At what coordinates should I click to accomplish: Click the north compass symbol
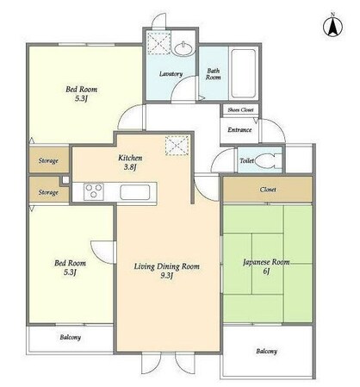[x=332, y=27]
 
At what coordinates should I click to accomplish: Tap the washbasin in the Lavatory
[x=183, y=48]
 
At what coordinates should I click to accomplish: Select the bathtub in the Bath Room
[x=244, y=73]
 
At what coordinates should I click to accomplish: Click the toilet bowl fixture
[x=266, y=161]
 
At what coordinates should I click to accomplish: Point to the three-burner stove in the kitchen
[x=94, y=191]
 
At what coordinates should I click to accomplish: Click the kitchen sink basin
[x=135, y=192]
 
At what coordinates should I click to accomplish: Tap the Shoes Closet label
[x=240, y=109]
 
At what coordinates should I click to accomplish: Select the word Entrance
[x=239, y=130]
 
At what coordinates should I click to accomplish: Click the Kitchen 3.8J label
[x=130, y=162]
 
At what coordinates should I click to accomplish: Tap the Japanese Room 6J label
[x=266, y=266]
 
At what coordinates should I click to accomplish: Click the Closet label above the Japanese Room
[x=268, y=190]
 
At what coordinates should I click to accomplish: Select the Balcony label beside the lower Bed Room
[x=71, y=337]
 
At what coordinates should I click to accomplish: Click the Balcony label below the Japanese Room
[x=267, y=351]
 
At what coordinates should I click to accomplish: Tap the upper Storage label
[x=48, y=160]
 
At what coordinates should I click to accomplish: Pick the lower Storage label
[x=48, y=192]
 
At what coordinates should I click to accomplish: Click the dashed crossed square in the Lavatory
[x=158, y=43]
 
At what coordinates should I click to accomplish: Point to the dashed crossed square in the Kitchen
[x=177, y=146]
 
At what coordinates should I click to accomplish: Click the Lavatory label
[x=171, y=74]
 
